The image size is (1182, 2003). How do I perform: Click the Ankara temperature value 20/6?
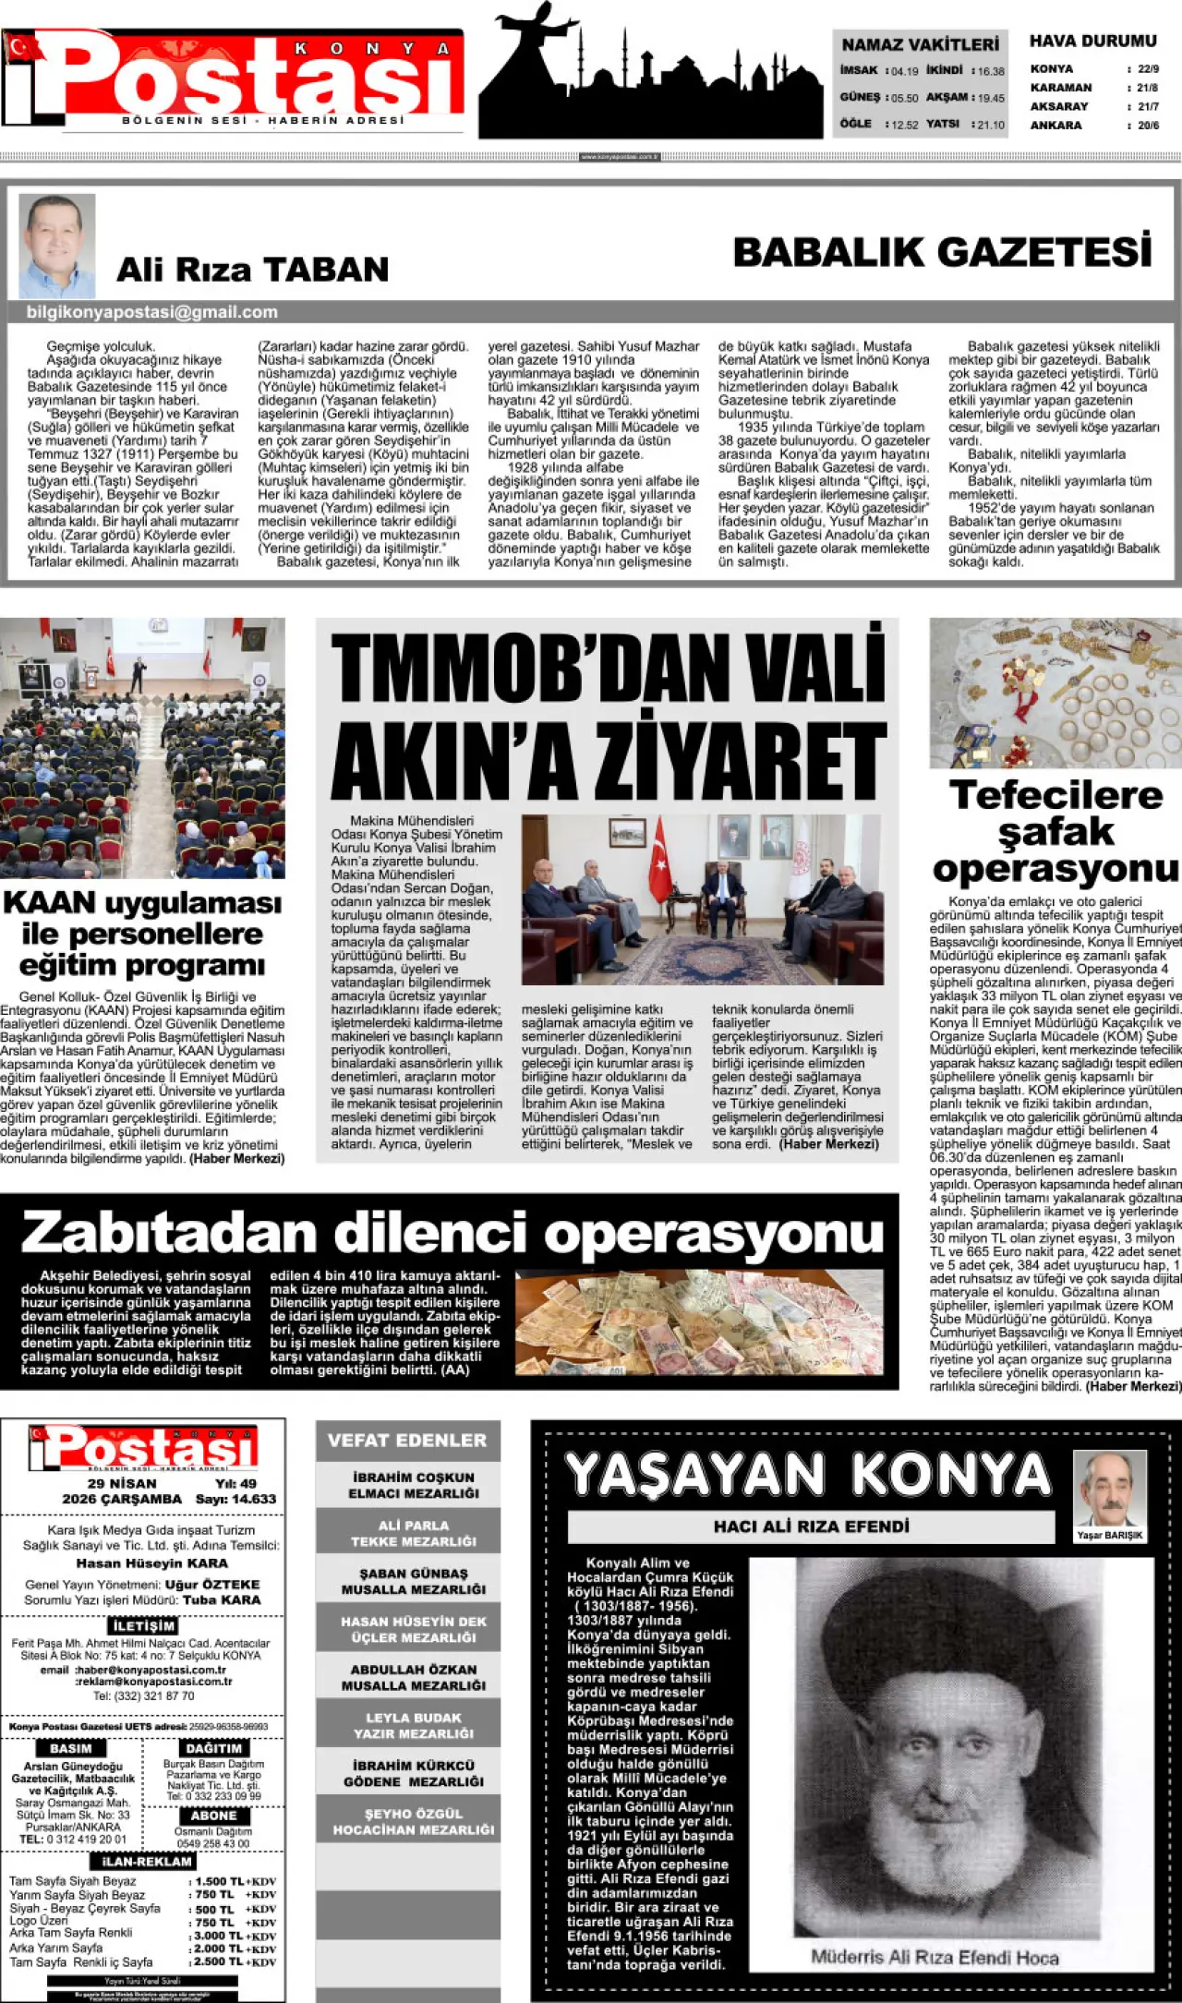[x=1148, y=126]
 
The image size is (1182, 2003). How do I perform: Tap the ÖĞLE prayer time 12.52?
[x=905, y=125]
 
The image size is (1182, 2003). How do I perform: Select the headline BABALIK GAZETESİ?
[x=943, y=252]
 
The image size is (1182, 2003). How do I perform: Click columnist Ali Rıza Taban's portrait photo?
[x=57, y=246]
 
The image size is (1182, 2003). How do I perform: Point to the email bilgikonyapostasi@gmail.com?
[x=152, y=312]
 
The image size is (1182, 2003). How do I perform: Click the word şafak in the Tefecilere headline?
[x=1055, y=832]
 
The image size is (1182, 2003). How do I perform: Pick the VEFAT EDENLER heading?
[x=407, y=1440]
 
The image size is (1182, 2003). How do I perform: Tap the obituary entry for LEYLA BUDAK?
[x=414, y=1725]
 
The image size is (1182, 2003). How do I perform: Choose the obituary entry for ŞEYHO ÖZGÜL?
[x=414, y=1821]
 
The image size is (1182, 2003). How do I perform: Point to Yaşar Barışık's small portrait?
[x=1109, y=1489]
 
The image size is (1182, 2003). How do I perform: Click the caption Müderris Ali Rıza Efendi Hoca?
[x=935, y=1956]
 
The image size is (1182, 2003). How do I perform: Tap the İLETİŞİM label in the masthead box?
[x=143, y=1625]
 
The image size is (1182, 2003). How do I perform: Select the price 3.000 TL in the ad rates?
[x=219, y=1935]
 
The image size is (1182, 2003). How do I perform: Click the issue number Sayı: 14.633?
[x=235, y=1499]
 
